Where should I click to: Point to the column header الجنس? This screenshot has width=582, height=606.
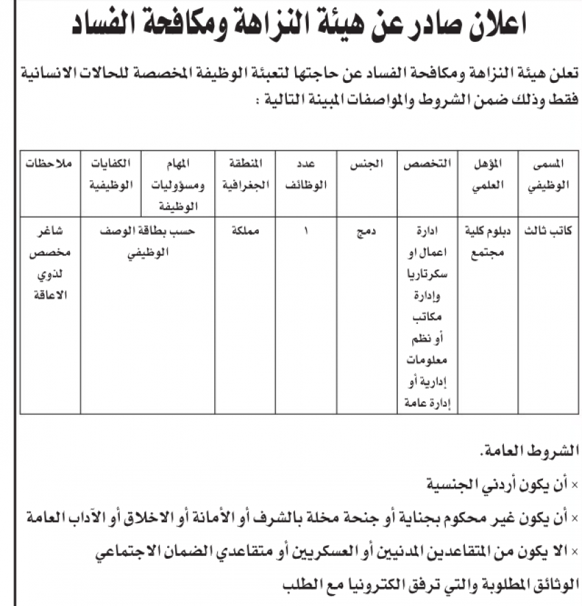pyautogui.click(x=366, y=164)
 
